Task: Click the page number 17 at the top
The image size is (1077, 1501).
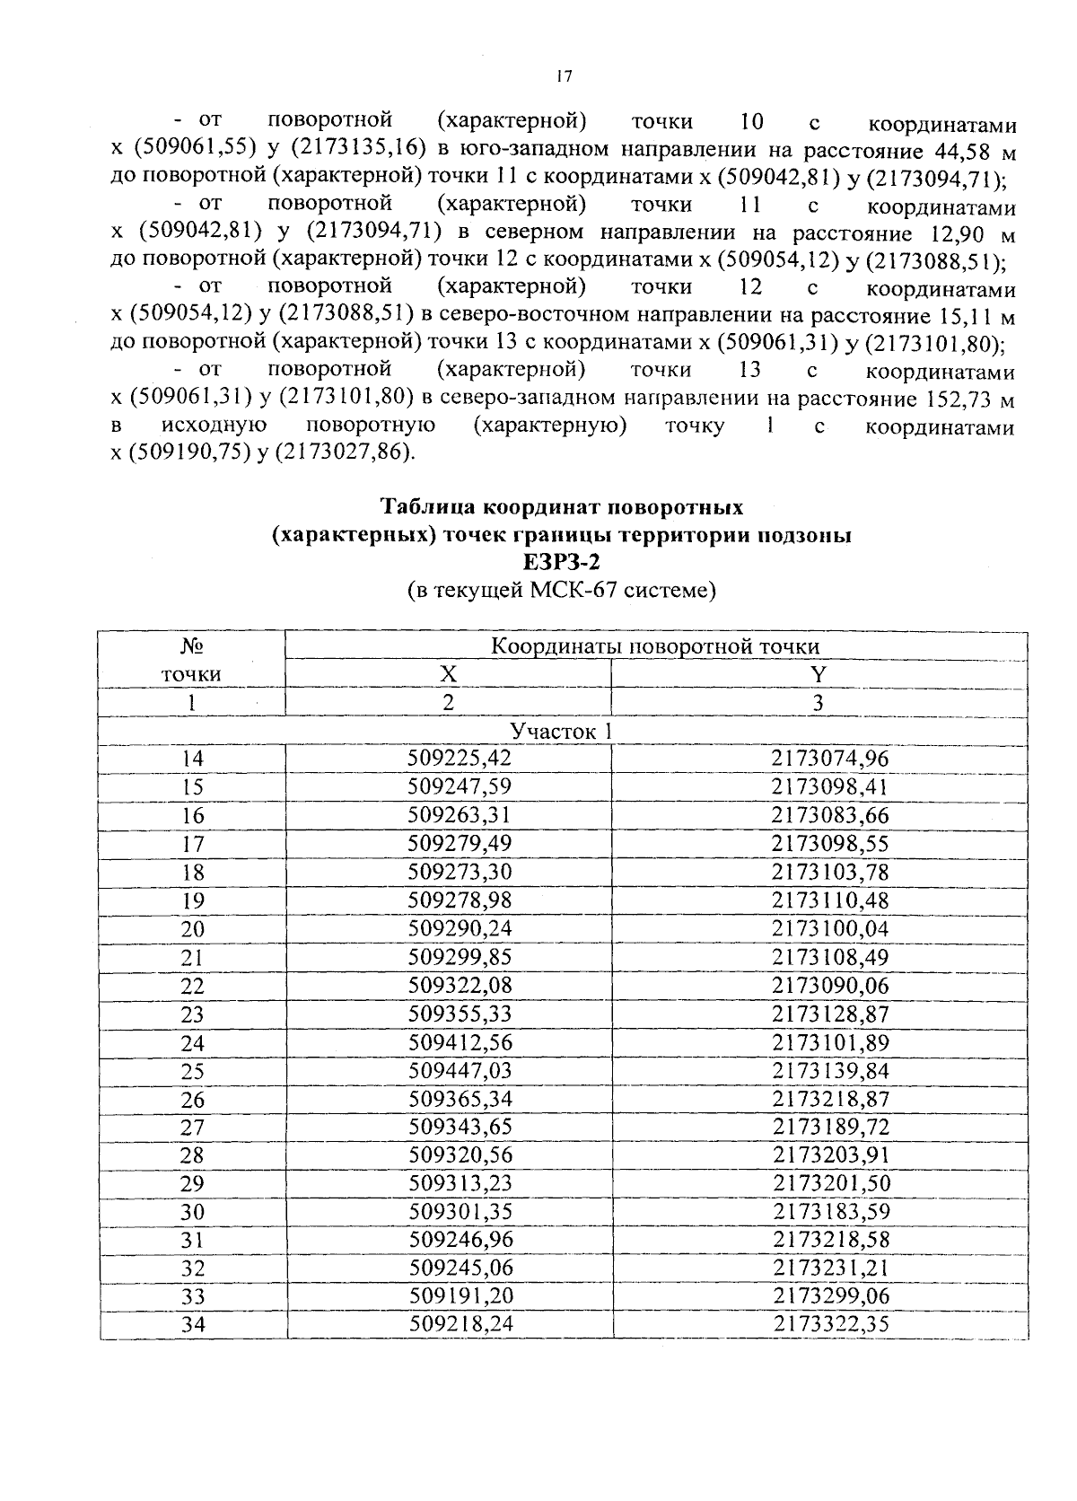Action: click(x=563, y=77)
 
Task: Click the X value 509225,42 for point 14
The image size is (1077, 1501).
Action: click(x=459, y=759)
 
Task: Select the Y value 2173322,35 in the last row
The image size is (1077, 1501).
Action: click(x=830, y=1324)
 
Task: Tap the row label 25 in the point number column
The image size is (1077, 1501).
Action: click(x=192, y=1071)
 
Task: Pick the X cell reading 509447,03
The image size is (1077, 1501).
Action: click(x=459, y=1071)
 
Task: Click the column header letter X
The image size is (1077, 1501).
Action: click(x=448, y=675)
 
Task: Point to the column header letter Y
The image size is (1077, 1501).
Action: click(x=818, y=675)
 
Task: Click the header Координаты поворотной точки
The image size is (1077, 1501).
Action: click(x=655, y=646)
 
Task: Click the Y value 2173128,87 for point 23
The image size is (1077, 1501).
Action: click(x=830, y=1014)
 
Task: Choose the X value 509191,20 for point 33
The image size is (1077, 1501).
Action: click(x=459, y=1296)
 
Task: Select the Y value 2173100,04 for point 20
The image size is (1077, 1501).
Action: click(x=830, y=929)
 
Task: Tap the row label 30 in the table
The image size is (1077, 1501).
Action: click(x=192, y=1212)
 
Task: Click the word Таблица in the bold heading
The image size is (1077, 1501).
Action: click(x=430, y=507)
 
